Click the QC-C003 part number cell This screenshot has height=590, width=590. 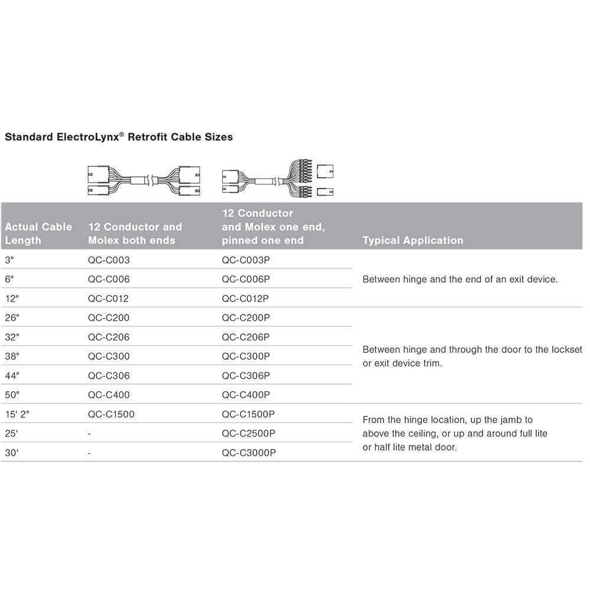(x=109, y=260)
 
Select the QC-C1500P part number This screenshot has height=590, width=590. (x=248, y=414)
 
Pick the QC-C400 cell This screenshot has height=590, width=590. (x=109, y=395)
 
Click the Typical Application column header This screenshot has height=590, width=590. (x=412, y=240)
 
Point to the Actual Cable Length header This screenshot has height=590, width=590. (x=38, y=234)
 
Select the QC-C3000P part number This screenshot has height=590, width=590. (x=248, y=453)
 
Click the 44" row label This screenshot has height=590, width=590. (x=11, y=376)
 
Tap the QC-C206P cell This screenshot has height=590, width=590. (x=245, y=337)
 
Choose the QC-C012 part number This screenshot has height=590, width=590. (x=108, y=299)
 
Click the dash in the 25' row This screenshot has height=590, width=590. (x=89, y=434)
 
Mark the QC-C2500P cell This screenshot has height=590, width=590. (x=248, y=434)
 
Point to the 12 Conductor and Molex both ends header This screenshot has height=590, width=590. (x=135, y=234)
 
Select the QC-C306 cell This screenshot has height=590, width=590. (x=109, y=376)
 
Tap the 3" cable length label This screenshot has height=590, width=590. (x=9, y=260)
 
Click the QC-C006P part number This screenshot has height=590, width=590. (x=245, y=279)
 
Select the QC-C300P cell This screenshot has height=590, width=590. (x=245, y=356)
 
